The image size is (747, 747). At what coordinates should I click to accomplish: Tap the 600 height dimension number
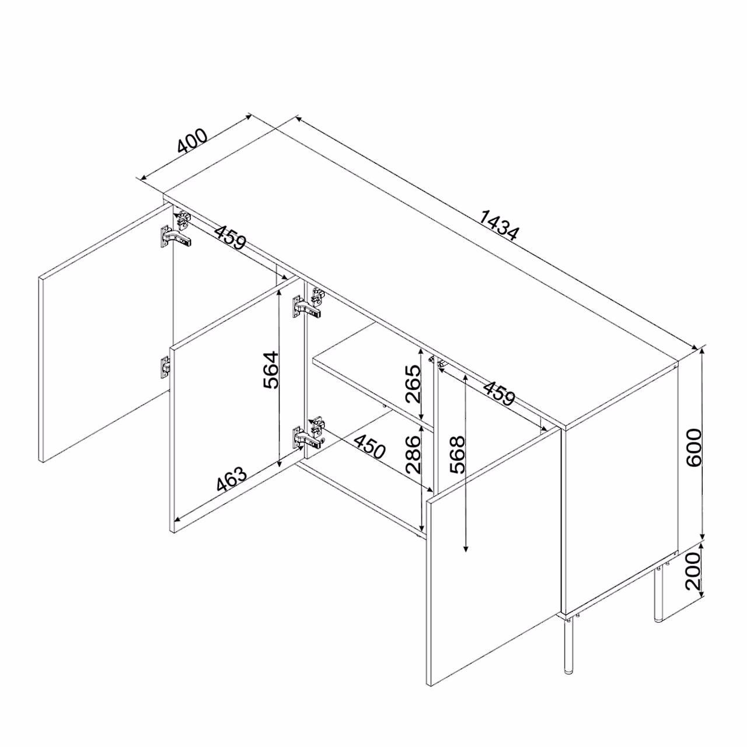pyautogui.click(x=693, y=448)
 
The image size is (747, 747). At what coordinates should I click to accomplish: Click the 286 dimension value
pyautogui.click(x=413, y=454)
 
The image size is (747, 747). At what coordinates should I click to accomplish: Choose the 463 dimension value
pyautogui.click(x=232, y=479)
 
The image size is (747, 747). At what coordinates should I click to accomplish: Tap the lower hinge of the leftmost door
pyautogui.click(x=166, y=366)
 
